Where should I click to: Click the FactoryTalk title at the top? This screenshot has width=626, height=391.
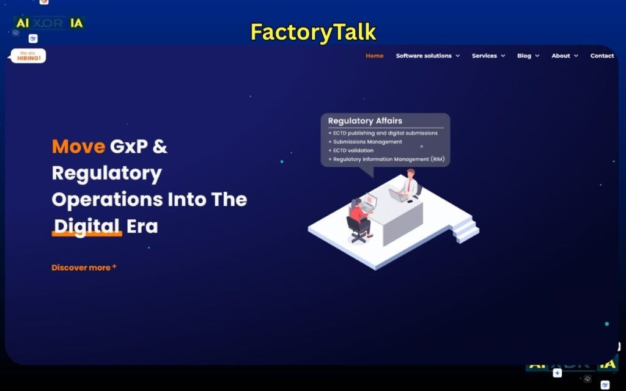(313, 32)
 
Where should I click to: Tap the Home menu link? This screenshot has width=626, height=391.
(374, 56)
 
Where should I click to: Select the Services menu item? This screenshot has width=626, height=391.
(488, 56)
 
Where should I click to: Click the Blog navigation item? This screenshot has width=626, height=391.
(528, 56)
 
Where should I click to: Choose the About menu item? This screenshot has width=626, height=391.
(564, 56)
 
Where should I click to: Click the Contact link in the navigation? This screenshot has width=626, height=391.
(602, 56)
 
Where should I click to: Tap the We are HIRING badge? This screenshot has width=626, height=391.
(28, 56)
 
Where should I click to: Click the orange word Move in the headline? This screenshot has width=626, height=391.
(78, 147)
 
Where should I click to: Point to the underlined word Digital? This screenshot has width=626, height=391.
(86, 227)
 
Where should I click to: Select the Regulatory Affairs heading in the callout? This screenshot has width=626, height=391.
(365, 121)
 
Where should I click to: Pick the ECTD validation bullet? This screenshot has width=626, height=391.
(353, 150)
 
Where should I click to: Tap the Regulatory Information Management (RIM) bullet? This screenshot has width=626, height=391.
(388, 159)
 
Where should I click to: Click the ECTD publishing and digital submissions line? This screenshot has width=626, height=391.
(385, 133)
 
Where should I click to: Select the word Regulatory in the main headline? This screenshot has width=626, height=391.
(107, 174)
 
